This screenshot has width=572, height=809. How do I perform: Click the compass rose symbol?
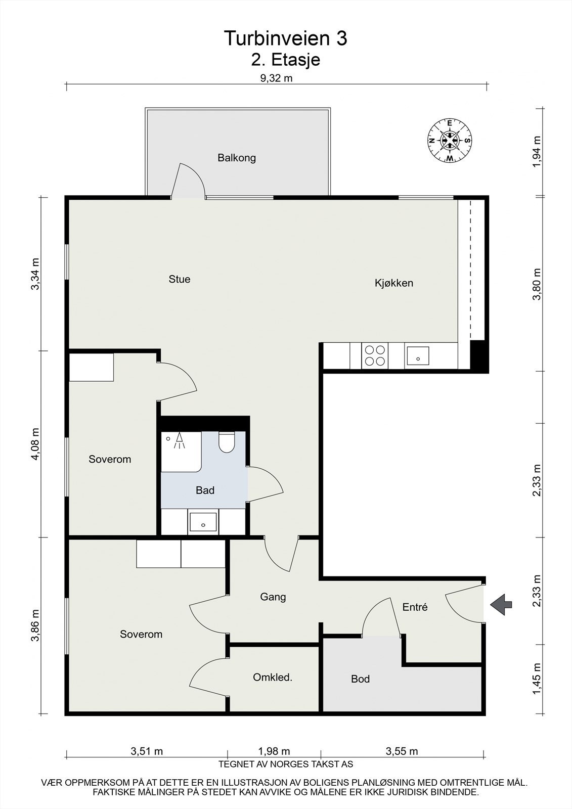(x=450, y=141)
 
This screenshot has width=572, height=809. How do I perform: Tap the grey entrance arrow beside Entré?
(x=501, y=604)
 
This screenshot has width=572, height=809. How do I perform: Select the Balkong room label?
(x=237, y=158)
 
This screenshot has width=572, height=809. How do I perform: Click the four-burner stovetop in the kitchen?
(x=375, y=356)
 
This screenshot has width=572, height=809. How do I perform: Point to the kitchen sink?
(x=418, y=356)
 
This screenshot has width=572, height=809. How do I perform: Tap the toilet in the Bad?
(x=227, y=442)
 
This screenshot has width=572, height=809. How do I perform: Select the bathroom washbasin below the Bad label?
(x=203, y=522)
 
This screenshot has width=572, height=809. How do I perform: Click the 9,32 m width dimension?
(x=277, y=78)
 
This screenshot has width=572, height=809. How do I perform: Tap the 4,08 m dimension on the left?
(x=35, y=444)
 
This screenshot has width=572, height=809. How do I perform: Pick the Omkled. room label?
(x=273, y=678)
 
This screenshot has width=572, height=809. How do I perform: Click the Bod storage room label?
(x=360, y=679)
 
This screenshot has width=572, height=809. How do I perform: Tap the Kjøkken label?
(x=394, y=283)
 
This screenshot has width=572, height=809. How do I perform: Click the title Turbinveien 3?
(x=285, y=38)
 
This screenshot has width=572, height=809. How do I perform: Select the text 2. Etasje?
(x=285, y=60)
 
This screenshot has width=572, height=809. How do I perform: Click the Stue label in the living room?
(x=179, y=279)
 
